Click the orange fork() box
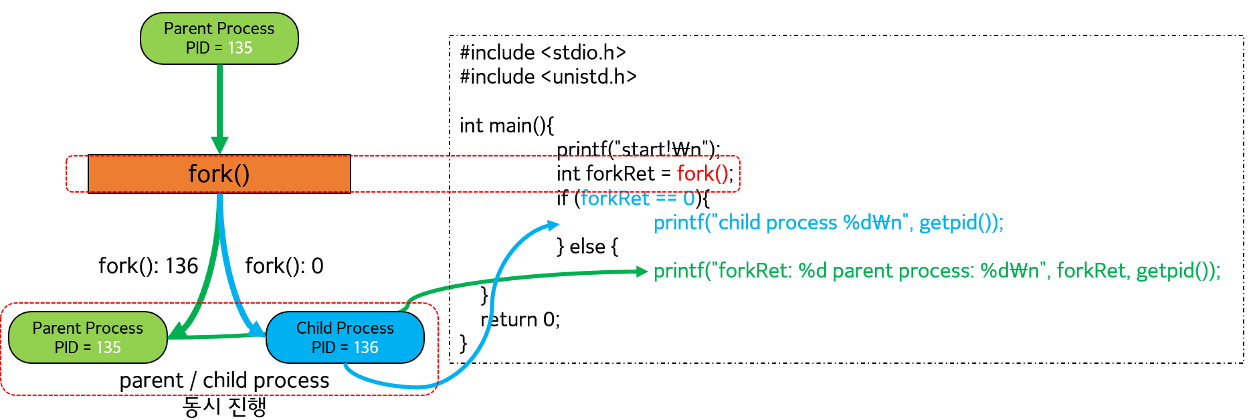219,174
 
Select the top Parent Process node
219,38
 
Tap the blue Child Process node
345,338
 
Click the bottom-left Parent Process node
88,338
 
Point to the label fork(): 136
148,266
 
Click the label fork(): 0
284,266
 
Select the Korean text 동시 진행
225,406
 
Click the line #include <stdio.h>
543,52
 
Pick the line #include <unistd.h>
548,77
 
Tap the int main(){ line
506,125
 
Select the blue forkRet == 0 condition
638,199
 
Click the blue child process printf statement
828,223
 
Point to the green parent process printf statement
937,271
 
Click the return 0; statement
520,320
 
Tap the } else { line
587,247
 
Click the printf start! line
638,149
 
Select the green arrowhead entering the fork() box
219,145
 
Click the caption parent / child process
224,381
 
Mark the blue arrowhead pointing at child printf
553,225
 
